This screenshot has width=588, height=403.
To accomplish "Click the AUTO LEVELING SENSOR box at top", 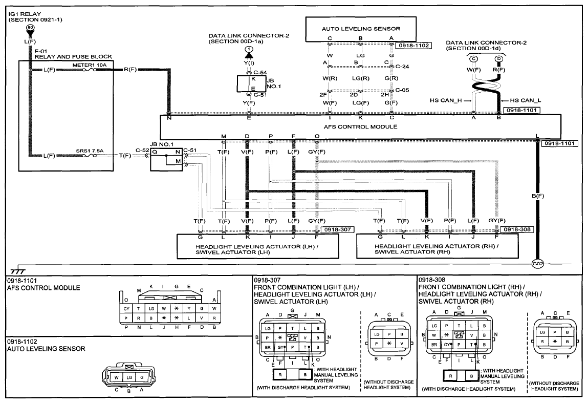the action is (361, 29).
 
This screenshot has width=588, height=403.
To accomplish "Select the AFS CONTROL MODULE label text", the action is (360, 126).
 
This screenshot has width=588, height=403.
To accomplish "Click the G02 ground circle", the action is (537, 263).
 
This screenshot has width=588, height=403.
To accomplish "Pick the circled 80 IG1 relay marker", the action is (30, 28).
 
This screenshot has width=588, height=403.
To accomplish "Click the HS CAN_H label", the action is (446, 100).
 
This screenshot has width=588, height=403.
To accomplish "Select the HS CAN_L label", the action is (526, 100).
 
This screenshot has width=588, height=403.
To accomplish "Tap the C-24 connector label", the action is (402, 67).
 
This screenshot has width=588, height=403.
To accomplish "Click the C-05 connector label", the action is (402, 90).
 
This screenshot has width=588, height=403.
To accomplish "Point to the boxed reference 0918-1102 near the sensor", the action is (413, 46).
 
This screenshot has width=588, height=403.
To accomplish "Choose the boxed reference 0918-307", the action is (338, 229).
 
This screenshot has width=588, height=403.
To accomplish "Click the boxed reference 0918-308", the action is (517, 229).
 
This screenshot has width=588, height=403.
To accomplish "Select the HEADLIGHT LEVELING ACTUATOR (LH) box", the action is (257, 246).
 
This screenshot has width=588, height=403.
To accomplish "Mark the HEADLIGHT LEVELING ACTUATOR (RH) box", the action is (437, 246).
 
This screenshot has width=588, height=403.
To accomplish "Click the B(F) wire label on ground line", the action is (538, 196).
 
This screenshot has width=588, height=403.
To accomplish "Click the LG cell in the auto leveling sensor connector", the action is (129, 377).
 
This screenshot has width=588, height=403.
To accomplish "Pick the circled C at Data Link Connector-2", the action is (474, 58).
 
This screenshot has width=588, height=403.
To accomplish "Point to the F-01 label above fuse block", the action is (40, 51).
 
